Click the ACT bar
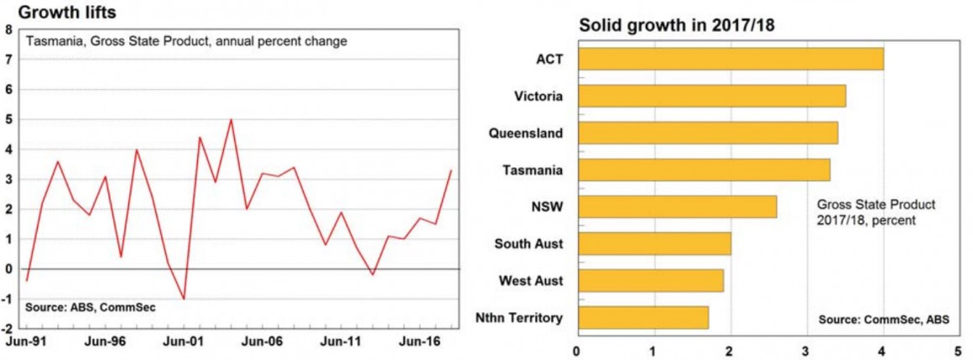click(730, 59)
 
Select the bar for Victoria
click(711, 96)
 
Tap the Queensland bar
click(707, 133)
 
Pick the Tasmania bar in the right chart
click(703, 170)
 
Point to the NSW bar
click(676, 206)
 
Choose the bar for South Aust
click(653, 243)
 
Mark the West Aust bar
click(649, 280)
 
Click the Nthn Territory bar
click(642, 317)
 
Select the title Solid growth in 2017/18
click(676, 25)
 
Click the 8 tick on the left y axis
click(8, 29)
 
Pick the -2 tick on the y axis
click(7, 328)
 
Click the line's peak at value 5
click(231, 119)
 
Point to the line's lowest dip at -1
click(184, 299)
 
